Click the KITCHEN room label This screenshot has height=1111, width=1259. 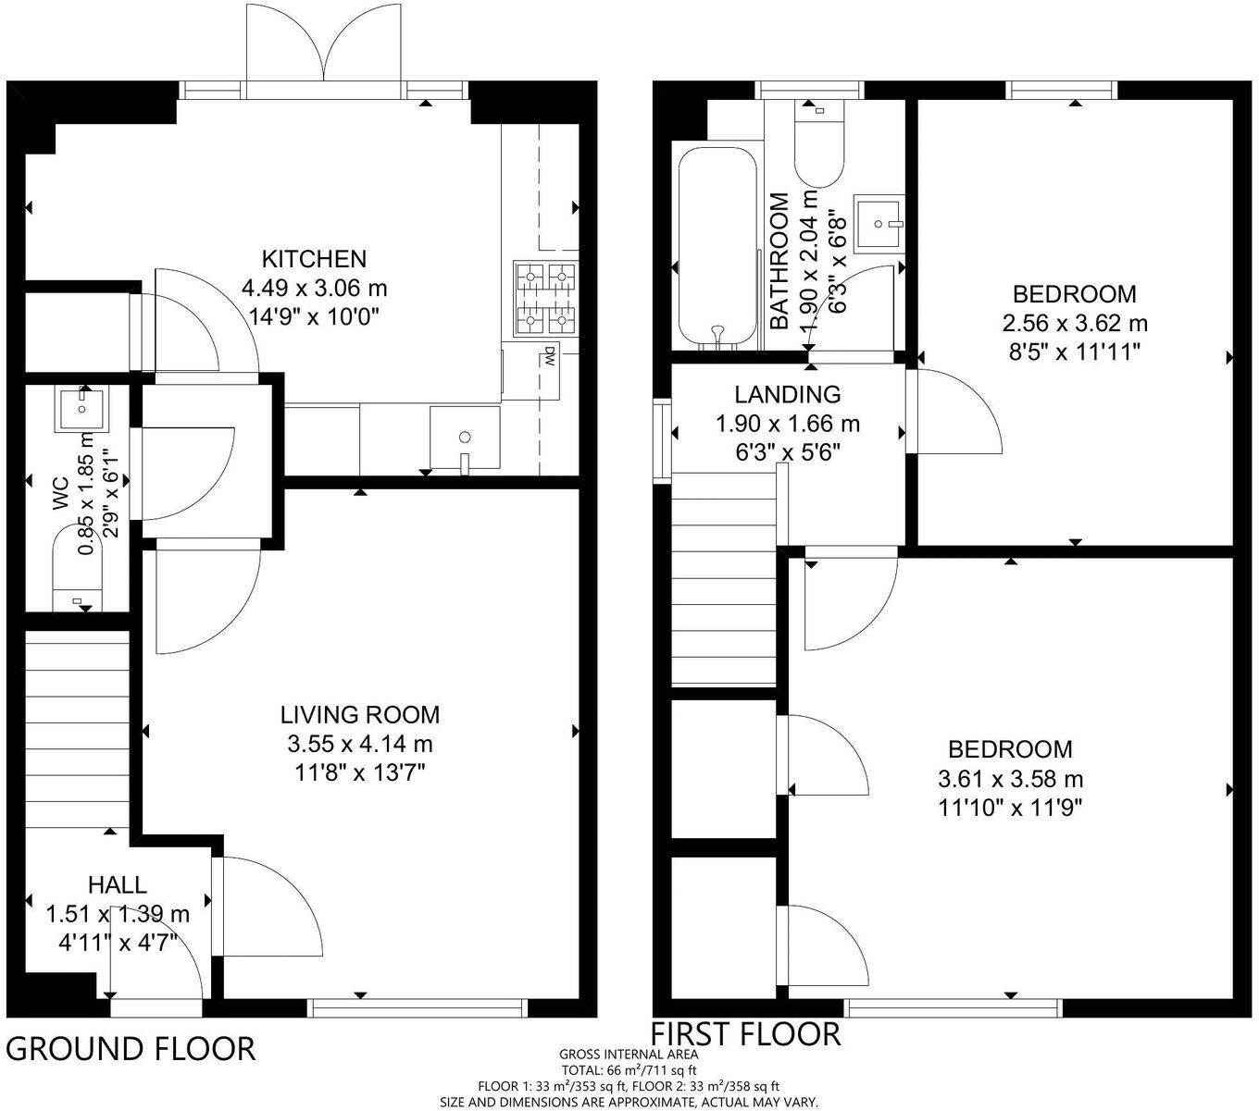click(314, 258)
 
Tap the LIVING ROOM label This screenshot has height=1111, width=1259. click(360, 714)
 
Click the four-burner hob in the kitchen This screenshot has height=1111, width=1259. click(545, 298)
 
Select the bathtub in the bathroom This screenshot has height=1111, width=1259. click(717, 248)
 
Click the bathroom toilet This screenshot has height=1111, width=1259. click(818, 143)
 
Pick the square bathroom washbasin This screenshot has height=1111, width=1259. click(878, 222)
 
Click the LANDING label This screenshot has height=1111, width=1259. click(788, 394)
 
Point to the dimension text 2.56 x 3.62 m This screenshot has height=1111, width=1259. click(1075, 324)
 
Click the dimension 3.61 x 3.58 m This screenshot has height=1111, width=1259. click(1011, 779)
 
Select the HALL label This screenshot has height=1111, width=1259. click(118, 884)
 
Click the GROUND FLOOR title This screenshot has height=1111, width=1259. click(131, 1049)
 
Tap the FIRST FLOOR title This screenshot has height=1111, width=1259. click(746, 1033)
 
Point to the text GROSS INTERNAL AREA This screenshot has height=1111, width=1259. click(629, 1054)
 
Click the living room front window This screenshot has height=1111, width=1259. click(418, 1007)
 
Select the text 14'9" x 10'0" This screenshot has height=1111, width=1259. click(315, 316)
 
